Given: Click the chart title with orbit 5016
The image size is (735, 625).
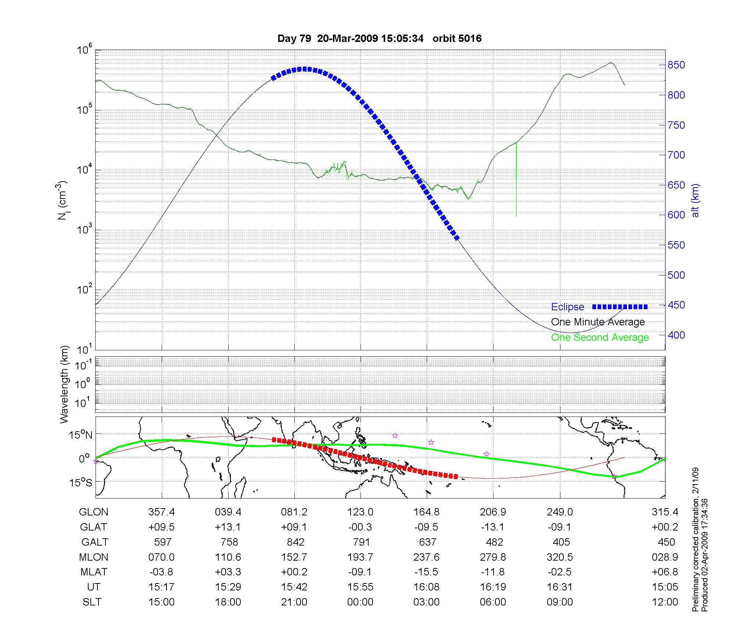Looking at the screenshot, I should click(x=379, y=39).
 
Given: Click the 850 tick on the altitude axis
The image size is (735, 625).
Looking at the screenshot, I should click(x=676, y=65).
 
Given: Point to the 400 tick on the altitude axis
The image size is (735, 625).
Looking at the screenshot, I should click(x=676, y=335).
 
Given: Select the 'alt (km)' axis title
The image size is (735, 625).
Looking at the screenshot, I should click(x=695, y=200).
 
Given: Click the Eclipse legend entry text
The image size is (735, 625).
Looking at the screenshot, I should click(x=567, y=307).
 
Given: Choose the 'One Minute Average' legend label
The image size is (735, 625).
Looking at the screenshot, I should click(x=598, y=322).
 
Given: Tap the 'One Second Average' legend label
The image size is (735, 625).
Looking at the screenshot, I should click(x=600, y=337).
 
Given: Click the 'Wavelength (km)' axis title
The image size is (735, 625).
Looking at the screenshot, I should click(x=65, y=385).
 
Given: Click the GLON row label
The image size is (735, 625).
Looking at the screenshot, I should click(x=94, y=512).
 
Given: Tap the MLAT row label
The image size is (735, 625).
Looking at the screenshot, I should click(x=94, y=572).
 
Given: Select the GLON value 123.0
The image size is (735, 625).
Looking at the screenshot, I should click(x=361, y=512).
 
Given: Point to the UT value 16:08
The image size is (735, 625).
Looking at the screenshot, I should click(x=427, y=587).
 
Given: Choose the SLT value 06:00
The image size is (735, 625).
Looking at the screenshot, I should click(x=493, y=602).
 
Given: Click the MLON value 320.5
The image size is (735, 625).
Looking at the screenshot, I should click(x=560, y=557).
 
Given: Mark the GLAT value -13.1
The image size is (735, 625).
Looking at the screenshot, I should click(x=493, y=527).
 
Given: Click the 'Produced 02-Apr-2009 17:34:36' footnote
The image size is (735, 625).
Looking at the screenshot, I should click(x=704, y=555).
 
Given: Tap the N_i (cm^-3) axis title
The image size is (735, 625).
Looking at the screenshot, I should click(x=62, y=200).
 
